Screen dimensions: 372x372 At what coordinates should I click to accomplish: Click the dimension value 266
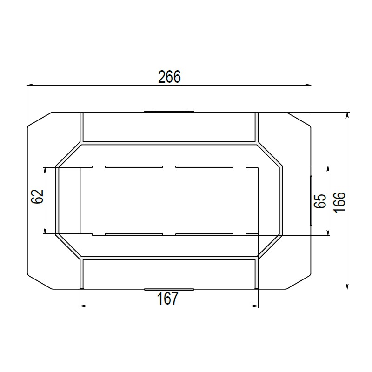169,77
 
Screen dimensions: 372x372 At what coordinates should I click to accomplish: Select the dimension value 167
167,299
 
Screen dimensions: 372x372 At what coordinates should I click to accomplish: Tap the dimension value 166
339,202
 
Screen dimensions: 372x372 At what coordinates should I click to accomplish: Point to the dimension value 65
320,201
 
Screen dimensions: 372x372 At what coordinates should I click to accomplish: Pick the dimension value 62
37,196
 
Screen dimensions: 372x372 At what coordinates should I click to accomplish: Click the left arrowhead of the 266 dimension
30,85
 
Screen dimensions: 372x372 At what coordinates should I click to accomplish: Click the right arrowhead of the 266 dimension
308,85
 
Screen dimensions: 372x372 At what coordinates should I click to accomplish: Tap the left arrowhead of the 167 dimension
83,306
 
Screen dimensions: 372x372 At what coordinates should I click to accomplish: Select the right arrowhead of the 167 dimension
255,306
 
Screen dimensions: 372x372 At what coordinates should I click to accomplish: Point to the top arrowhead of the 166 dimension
347,115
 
